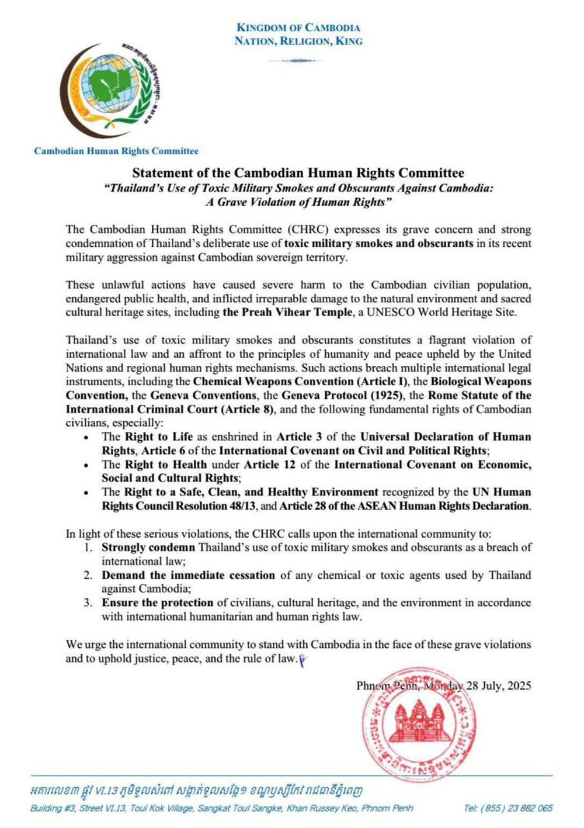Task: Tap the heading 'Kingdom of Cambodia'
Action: click(298, 27)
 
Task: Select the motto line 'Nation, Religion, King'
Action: click(298, 41)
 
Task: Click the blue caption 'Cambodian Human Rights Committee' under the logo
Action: click(116, 151)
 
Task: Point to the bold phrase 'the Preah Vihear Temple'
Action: click(287, 312)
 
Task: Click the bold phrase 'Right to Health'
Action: click(166, 465)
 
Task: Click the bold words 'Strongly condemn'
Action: click(148, 548)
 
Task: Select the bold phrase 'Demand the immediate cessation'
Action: click(188, 575)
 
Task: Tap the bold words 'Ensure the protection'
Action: click(157, 602)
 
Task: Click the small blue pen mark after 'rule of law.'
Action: click(302, 660)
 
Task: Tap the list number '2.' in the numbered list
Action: click(88, 575)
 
